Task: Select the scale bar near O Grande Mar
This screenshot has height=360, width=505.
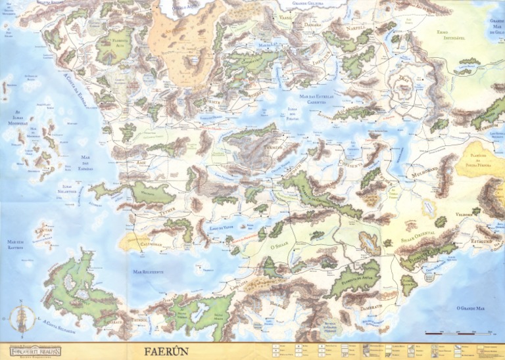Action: point(454,334)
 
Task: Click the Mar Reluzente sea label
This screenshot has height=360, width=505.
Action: point(148,271)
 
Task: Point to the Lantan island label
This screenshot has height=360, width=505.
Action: point(24,231)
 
